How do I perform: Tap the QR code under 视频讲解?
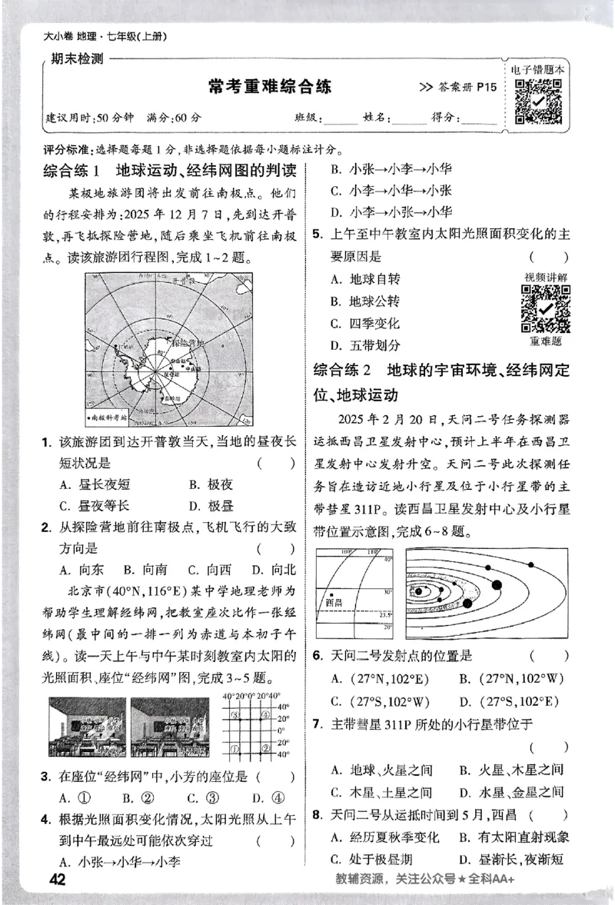pos(546,309)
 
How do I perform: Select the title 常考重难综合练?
pos(270,87)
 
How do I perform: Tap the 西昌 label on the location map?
pos(334,603)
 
